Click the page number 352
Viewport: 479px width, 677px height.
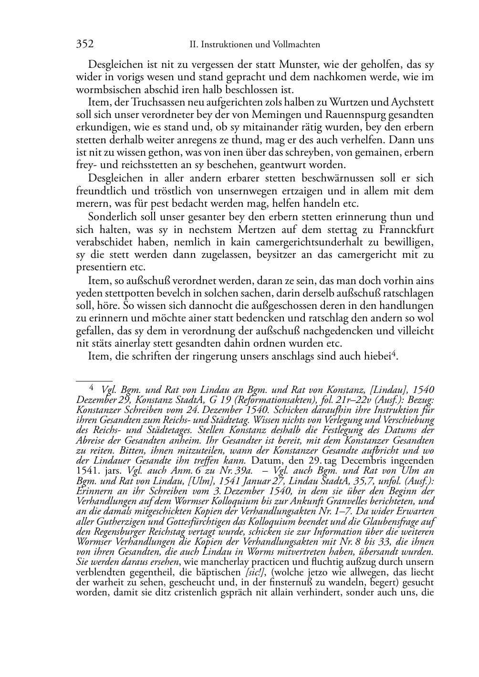[84, 44]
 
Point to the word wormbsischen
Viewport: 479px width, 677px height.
[105, 90]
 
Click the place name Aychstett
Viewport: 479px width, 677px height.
[413, 102]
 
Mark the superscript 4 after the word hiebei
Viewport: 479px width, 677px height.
[394, 353]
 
